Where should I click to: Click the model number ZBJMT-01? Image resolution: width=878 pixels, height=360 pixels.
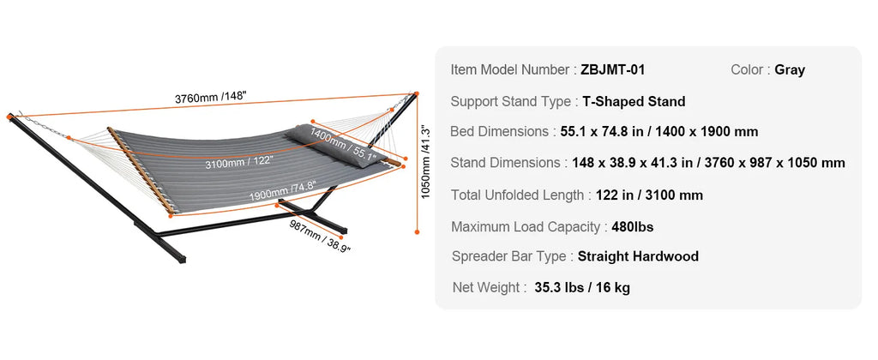click(x=612, y=70)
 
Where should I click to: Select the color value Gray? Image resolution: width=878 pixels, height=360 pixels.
click(x=790, y=70)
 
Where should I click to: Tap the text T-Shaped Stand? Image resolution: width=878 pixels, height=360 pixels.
click(x=634, y=101)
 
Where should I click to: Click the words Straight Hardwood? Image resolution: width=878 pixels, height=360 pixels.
click(x=638, y=256)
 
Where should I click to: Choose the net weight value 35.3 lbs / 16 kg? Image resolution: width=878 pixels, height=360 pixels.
click(x=582, y=288)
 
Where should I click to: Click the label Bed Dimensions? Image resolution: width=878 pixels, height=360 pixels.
click(x=500, y=131)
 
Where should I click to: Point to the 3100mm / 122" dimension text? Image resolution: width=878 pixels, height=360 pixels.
click(x=239, y=163)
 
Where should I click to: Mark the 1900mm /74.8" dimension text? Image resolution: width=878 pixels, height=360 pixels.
click(x=283, y=189)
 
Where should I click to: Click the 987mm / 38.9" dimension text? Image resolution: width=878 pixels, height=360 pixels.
click(x=320, y=236)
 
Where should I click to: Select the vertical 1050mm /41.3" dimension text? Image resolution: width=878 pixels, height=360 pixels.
click(x=426, y=162)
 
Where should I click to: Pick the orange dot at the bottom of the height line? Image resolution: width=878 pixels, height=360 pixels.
click(x=417, y=231)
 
